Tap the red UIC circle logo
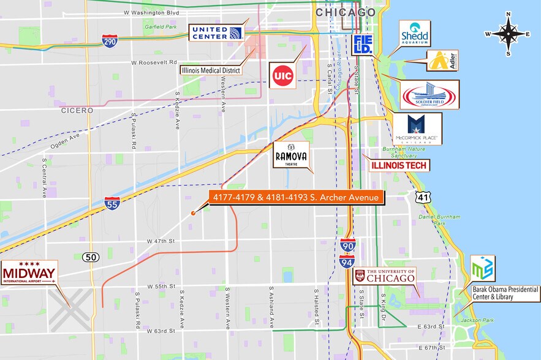282,75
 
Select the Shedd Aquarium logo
415,34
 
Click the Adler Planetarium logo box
442,60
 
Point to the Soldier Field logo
429,95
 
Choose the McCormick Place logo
417,129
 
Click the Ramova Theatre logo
291,156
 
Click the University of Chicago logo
385,276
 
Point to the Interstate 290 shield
110,42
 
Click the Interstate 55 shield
112,203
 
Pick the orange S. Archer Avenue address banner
297,197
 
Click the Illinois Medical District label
211,70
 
